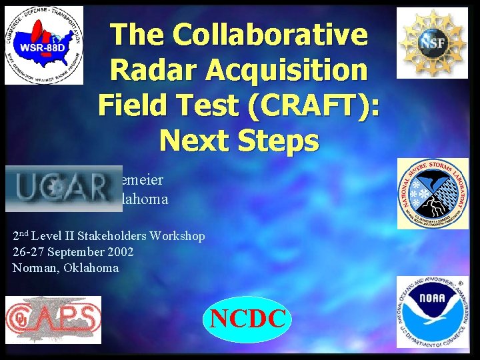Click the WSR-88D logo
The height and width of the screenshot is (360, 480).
[x=44, y=45]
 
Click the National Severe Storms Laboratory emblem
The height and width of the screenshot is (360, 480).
[x=433, y=193]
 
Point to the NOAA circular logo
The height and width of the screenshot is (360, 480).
[x=433, y=311]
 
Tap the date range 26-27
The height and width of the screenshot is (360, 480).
[x=27, y=252]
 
